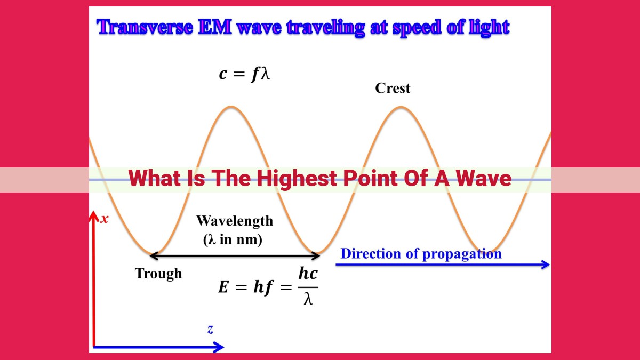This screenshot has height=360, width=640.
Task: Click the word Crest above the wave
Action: [393, 88]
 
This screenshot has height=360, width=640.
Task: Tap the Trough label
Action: [158, 274]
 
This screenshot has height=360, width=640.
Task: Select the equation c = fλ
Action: [244, 74]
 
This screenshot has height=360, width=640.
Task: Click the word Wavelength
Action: [235, 221]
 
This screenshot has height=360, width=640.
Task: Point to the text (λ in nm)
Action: [233, 239]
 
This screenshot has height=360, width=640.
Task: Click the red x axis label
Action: [105, 219]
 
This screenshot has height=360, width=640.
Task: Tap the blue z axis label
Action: [210, 330]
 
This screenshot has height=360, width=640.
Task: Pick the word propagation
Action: [462, 254]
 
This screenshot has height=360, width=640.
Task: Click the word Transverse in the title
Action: [145, 27]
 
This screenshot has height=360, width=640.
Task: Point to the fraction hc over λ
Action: [308, 286]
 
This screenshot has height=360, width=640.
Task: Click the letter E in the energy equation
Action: [223, 287]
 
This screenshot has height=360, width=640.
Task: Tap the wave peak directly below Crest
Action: [401, 107]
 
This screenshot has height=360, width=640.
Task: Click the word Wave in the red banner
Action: [483, 178]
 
